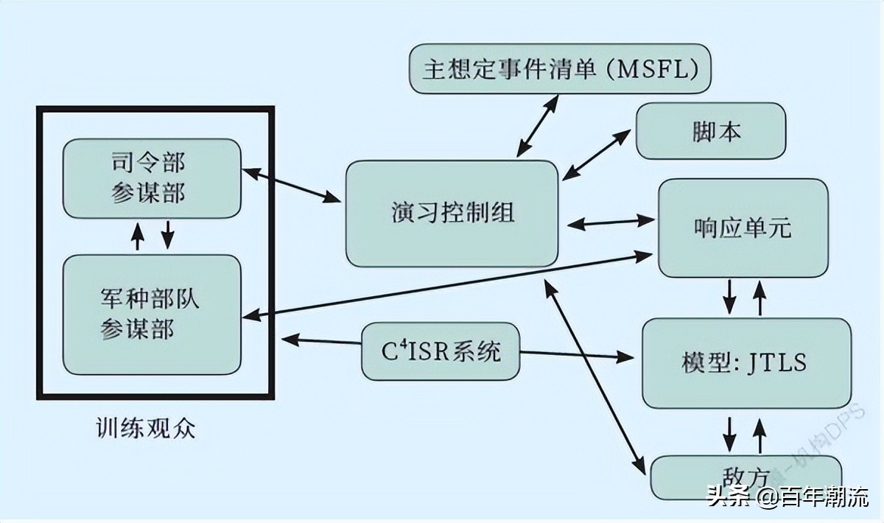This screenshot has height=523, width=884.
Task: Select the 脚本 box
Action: tap(711, 131)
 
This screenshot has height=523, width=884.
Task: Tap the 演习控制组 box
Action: tap(452, 214)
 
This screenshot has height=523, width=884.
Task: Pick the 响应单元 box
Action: tap(743, 227)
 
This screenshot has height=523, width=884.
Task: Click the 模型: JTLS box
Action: tap(746, 362)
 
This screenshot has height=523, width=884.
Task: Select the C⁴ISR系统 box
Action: tap(441, 351)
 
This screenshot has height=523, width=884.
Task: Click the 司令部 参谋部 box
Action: tap(152, 178)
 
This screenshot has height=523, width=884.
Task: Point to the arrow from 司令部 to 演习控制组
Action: tap(291, 185)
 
